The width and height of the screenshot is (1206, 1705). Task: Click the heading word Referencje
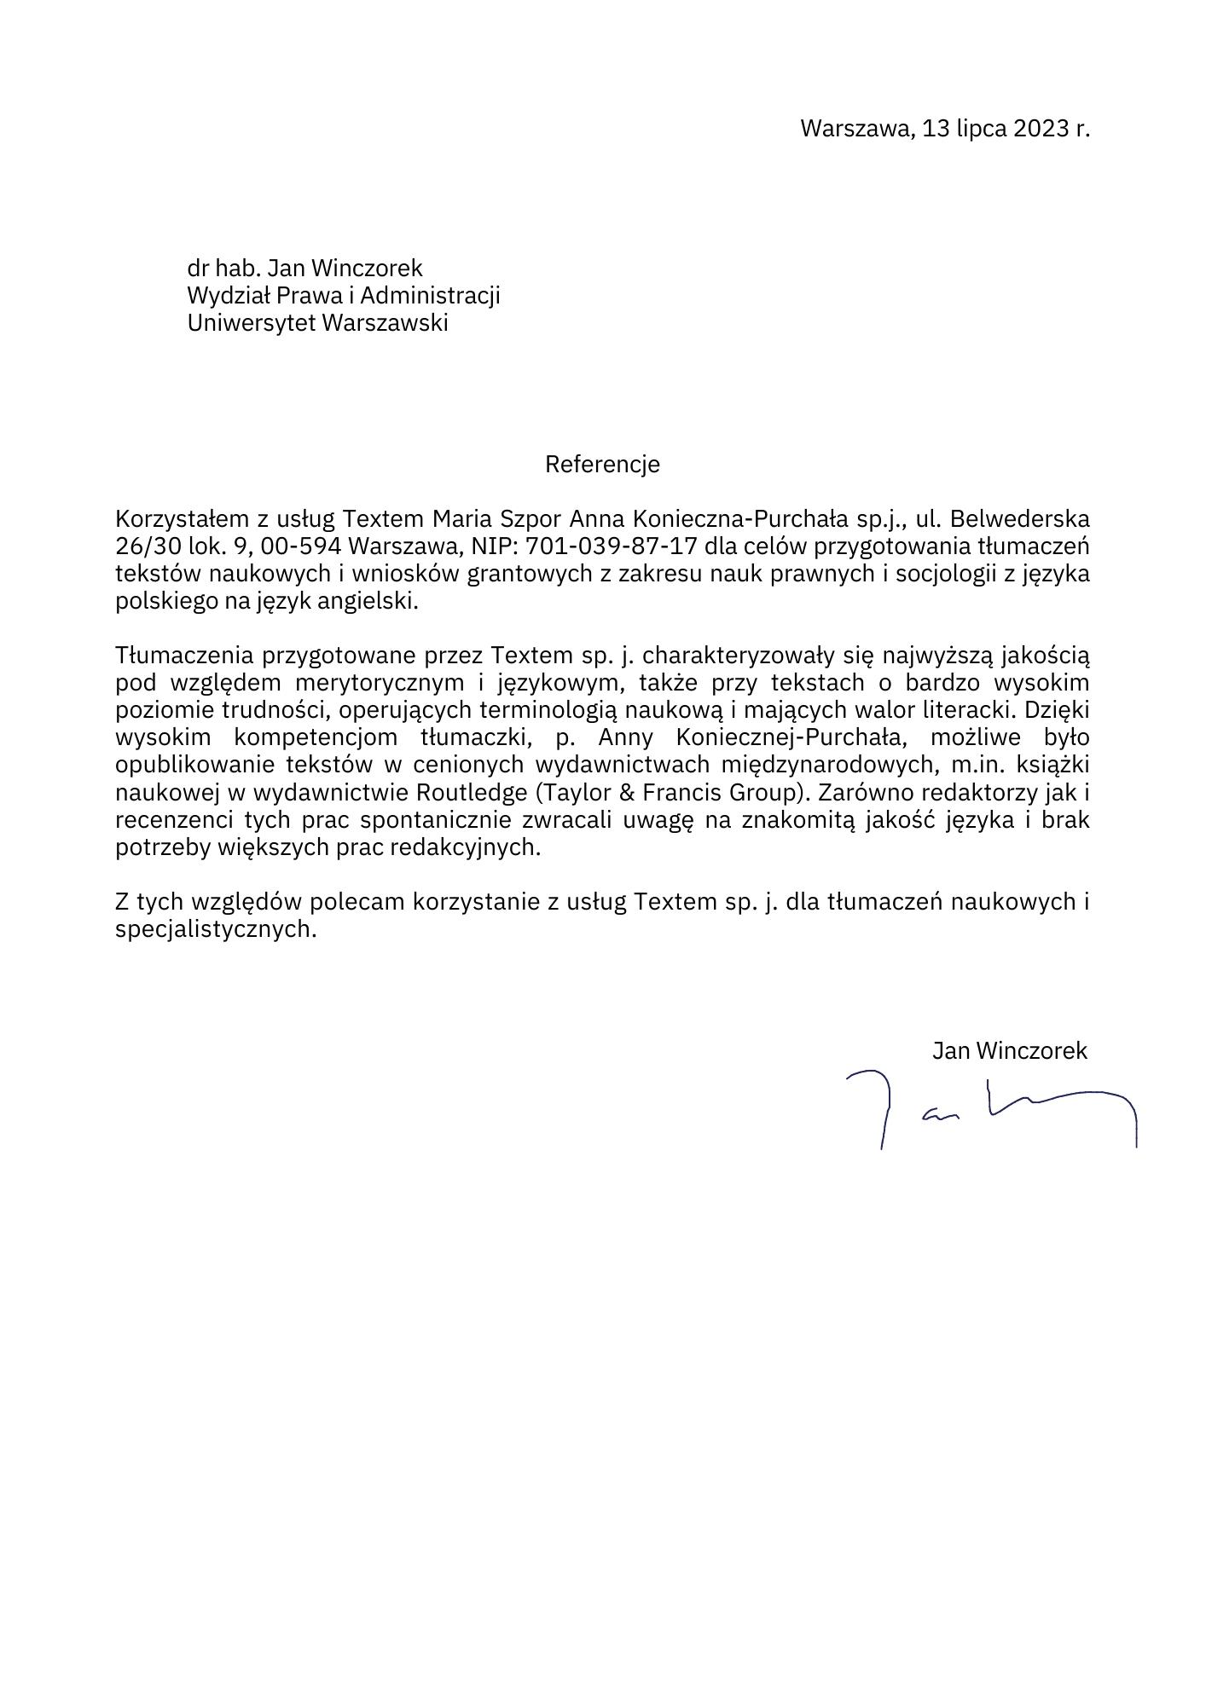click(x=602, y=465)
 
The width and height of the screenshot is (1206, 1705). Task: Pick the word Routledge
click(x=472, y=793)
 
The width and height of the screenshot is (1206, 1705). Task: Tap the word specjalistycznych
click(x=216, y=929)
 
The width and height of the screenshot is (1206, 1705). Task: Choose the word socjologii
click(x=939, y=573)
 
